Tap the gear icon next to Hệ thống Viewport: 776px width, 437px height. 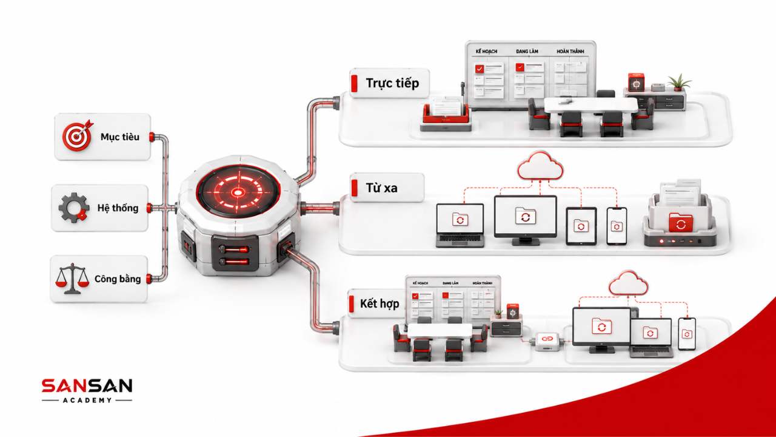coord(73,208)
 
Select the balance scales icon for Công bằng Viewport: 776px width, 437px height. coord(72,279)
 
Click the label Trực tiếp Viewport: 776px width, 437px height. coord(392,83)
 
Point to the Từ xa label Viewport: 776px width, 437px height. coord(381,188)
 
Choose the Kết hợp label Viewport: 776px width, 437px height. coord(380,304)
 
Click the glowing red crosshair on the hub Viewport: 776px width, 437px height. coord(238,192)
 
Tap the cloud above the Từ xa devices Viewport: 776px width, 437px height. coord(540,166)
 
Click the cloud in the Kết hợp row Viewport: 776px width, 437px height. coord(629,283)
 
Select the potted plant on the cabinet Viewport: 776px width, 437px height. coord(679,83)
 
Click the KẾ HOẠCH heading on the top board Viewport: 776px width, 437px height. coord(486,52)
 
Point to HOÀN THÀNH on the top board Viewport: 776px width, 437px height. coord(570,52)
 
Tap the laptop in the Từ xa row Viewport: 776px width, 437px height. coord(460,225)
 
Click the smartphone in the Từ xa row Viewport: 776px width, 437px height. coord(617,226)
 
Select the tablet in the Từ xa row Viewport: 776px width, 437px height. coord(581,226)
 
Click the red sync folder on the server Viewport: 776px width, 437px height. coord(681,223)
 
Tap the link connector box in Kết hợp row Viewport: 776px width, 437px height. coord(547,341)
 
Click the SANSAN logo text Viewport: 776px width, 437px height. coord(87,385)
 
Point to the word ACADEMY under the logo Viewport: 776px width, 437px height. coord(87,400)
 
